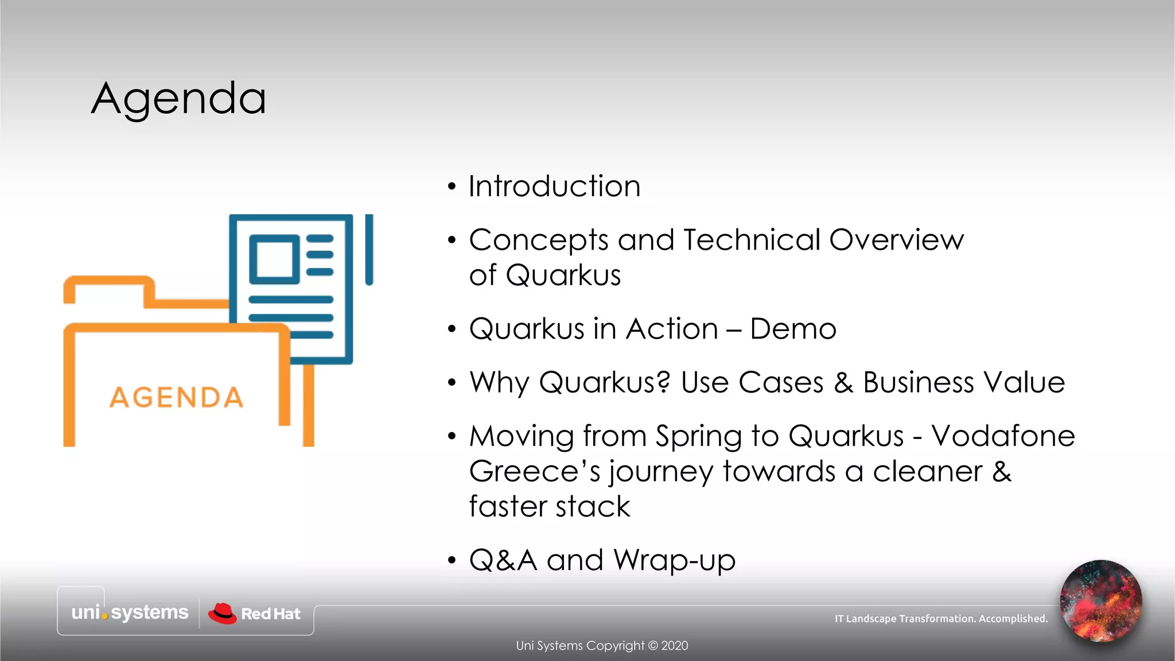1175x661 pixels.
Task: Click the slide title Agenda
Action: pyautogui.click(x=178, y=99)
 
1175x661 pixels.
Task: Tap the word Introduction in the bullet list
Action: pyautogui.click(x=554, y=186)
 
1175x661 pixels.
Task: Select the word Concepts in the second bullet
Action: pyautogui.click(x=538, y=240)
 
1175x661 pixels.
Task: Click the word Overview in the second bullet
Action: pyautogui.click(x=896, y=239)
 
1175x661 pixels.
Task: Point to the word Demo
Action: pyautogui.click(x=793, y=329)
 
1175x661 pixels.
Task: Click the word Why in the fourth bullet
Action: pyautogui.click(x=499, y=383)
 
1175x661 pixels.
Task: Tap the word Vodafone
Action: pyautogui.click(x=1003, y=436)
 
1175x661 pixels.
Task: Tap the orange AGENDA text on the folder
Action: pyautogui.click(x=176, y=398)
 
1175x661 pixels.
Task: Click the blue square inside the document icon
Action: pyautogui.click(x=274, y=259)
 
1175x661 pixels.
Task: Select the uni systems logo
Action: pyautogui.click(x=130, y=612)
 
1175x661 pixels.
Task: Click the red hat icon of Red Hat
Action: pyautogui.click(x=222, y=613)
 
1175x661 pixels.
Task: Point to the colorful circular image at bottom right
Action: pyautogui.click(x=1100, y=601)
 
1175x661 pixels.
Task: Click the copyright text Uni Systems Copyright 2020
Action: pyautogui.click(x=601, y=646)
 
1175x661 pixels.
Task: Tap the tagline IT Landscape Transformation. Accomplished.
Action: pyautogui.click(x=941, y=619)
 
